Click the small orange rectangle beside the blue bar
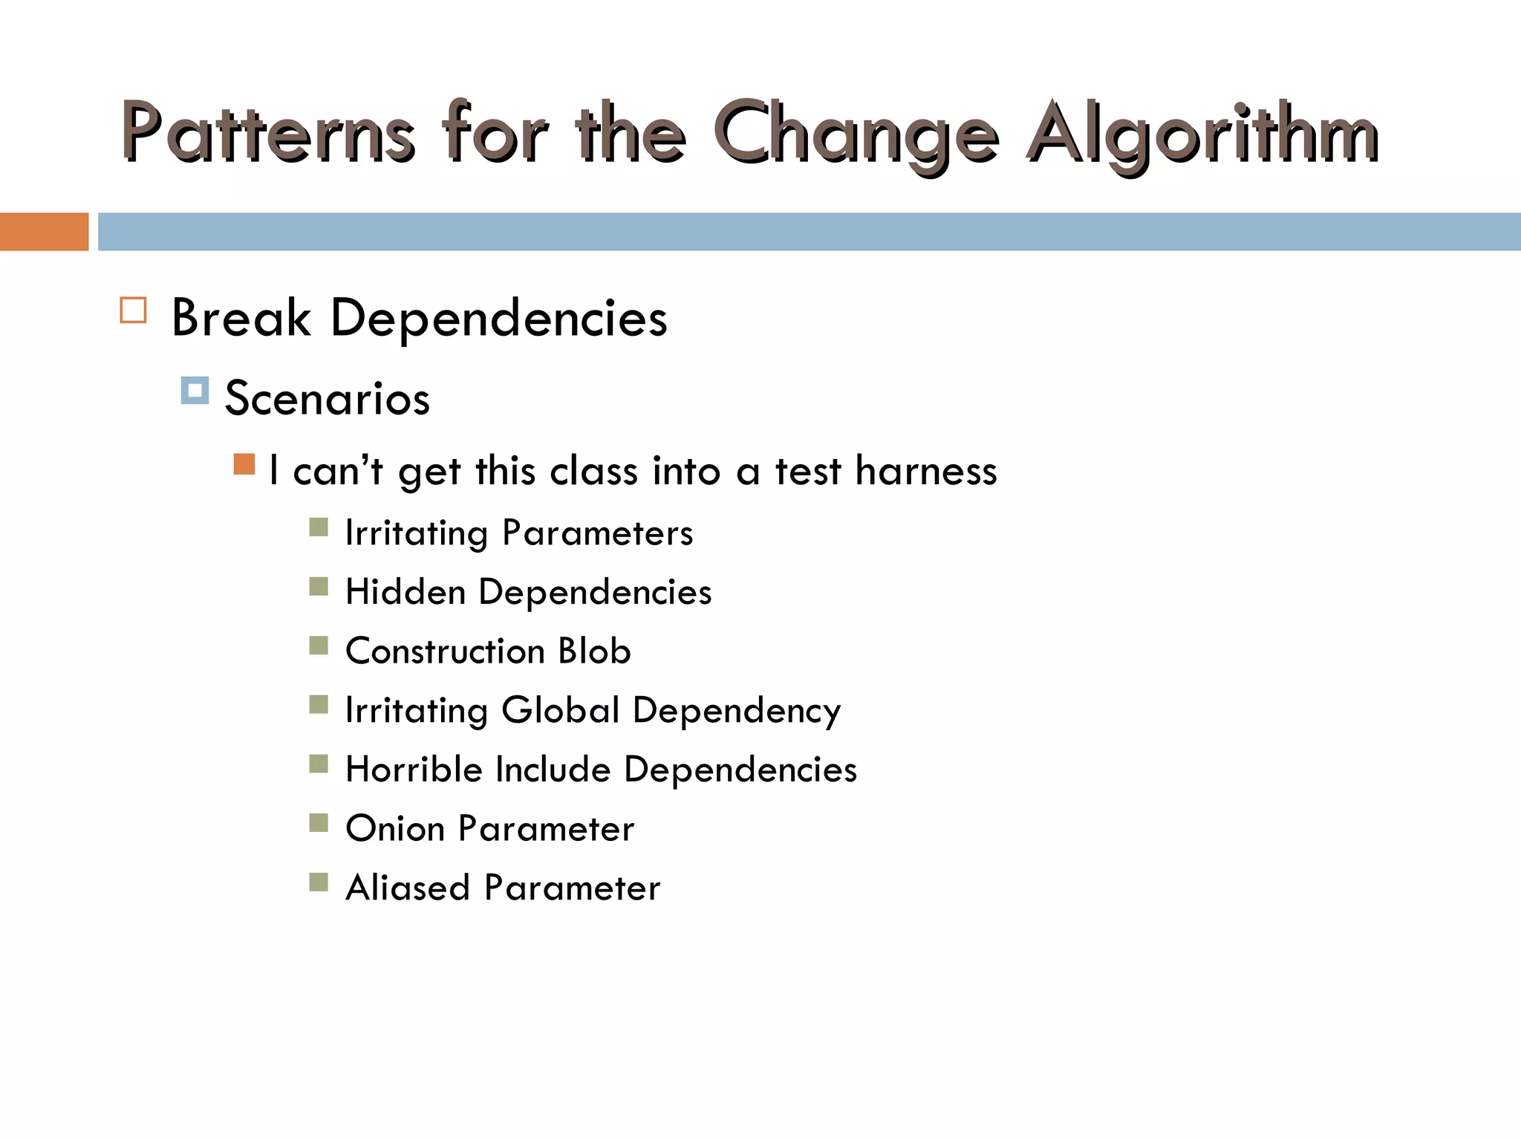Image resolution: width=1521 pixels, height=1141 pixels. tap(44, 232)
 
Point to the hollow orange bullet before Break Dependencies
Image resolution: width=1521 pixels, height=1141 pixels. tap(133, 310)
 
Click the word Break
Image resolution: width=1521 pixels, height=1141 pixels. tap(241, 318)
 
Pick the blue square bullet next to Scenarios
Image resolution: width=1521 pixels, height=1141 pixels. tap(195, 390)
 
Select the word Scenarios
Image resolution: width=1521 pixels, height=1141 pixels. tap(327, 398)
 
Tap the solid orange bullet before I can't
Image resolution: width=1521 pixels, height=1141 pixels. tap(244, 464)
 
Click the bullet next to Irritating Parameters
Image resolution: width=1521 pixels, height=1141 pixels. tap(319, 527)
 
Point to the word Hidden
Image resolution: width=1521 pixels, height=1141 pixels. tap(406, 592)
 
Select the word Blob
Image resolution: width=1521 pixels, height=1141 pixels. tap(594, 651)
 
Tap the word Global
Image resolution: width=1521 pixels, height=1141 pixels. tap(561, 710)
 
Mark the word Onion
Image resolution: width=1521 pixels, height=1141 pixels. tap(394, 828)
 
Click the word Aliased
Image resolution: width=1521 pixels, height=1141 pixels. tap(408, 888)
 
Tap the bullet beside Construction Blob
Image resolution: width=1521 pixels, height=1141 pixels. tap(319, 646)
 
